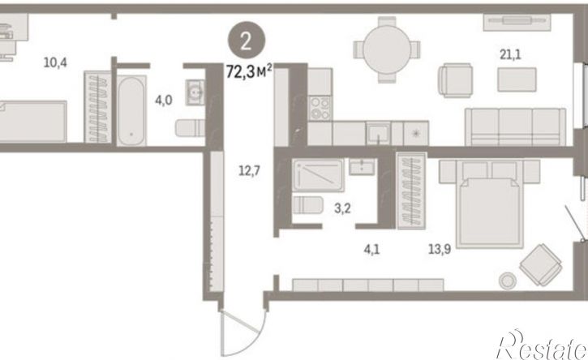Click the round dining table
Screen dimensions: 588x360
click(387, 50)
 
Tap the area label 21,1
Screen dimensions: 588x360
click(510, 55)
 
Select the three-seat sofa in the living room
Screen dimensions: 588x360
click(515, 126)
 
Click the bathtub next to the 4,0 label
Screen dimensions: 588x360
click(131, 110)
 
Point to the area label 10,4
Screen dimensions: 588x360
click(55, 62)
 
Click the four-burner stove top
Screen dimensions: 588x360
click(320, 108)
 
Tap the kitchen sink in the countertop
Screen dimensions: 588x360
click(378, 134)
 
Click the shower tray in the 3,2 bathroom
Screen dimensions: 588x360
click(318, 175)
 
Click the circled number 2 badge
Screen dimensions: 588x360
click(247, 41)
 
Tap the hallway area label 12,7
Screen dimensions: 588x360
click(250, 171)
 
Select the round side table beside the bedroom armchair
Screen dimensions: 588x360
click(508, 280)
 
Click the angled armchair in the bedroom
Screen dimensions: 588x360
click(541, 265)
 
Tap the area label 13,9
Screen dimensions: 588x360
click(440, 249)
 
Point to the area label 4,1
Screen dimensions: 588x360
click(371, 249)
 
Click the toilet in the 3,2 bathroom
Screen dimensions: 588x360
click(307, 205)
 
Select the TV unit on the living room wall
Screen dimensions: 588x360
click(517, 22)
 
